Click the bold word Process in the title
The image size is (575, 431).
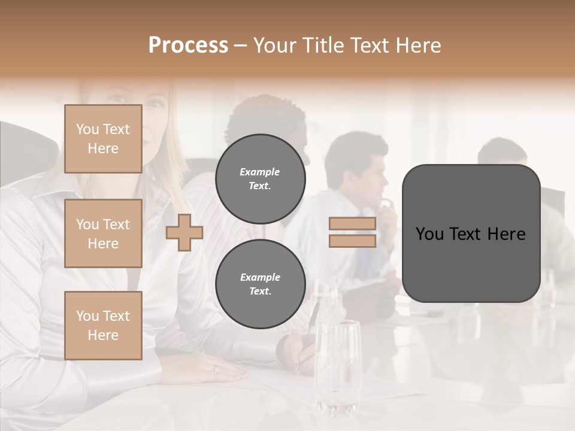pos(188,45)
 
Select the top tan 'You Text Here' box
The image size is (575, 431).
pos(103,139)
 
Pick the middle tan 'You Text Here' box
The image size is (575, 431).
pos(103,233)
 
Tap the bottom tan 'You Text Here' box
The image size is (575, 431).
pos(103,326)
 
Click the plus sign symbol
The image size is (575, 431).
pos(184,232)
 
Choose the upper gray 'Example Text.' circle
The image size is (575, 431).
pos(260,179)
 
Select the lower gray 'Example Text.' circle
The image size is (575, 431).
pos(260,284)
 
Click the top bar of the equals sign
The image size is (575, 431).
pos(353,224)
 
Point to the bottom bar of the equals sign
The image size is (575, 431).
pos(353,241)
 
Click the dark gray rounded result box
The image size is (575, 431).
pos(471,233)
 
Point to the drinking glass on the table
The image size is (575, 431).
pos(338,365)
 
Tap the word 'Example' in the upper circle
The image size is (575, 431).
pos(260,172)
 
